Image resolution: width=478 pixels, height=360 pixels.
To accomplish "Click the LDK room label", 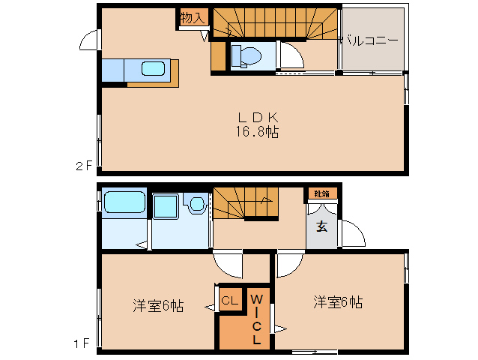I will (x=258, y=117).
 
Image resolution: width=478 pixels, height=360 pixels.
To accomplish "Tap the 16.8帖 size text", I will (x=258, y=132).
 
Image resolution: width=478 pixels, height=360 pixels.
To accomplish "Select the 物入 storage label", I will (x=193, y=17).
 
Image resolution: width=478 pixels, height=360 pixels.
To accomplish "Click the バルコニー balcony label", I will (x=369, y=41).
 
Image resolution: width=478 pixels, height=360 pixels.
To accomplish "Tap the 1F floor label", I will (x=83, y=344).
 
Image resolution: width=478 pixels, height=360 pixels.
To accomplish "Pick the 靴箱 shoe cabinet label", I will (x=321, y=194).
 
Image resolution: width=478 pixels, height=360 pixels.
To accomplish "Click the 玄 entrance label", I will (x=321, y=227).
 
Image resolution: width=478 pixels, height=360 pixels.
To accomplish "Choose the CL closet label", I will (x=229, y=301).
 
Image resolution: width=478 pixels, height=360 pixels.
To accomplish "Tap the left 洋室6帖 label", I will (x=158, y=306).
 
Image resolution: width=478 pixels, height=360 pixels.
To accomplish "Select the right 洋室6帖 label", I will (x=338, y=302).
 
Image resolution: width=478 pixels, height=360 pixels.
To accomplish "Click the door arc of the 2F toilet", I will (x=290, y=56).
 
